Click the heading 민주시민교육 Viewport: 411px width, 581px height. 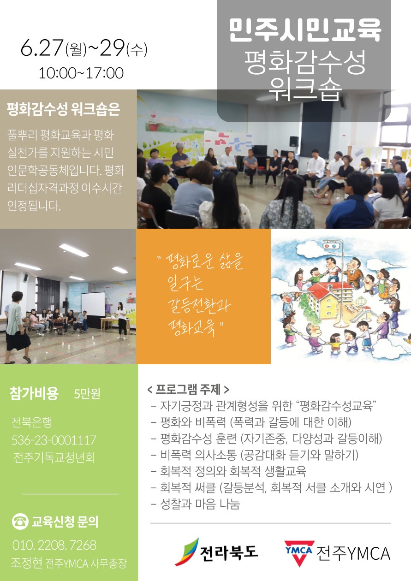pyautogui.click(x=305, y=30)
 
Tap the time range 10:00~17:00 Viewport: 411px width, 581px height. pyautogui.click(x=81, y=73)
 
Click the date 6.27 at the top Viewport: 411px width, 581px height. pyautogui.click(x=42, y=47)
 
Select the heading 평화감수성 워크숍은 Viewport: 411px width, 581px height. pyautogui.click(x=63, y=109)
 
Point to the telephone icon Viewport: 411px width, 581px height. pyautogui.click(x=20, y=522)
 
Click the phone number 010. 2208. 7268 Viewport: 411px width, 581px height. pyautogui.click(x=54, y=545)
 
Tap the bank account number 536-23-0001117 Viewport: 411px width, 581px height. pyautogui.click(x=54, y=440)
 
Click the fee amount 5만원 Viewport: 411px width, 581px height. pyautogui.click(x=87, y=394)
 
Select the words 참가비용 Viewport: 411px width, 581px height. pyautogui.click(x=34, y=393)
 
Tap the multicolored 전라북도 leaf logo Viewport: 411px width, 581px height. pyautogui.click(x=186, y=551)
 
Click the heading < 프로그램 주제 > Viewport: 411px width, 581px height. pyautogui.click(x=188, y=389)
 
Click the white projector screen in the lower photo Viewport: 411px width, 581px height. pyautogui.click(x=93, y=308)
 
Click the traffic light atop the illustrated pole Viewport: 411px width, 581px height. pyautogui.click(x=331, y=245)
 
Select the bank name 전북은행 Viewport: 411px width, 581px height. pyautogui.click(x=32, y=422)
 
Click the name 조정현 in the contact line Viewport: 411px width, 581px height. pyautogui.click(x=26, y=563)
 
